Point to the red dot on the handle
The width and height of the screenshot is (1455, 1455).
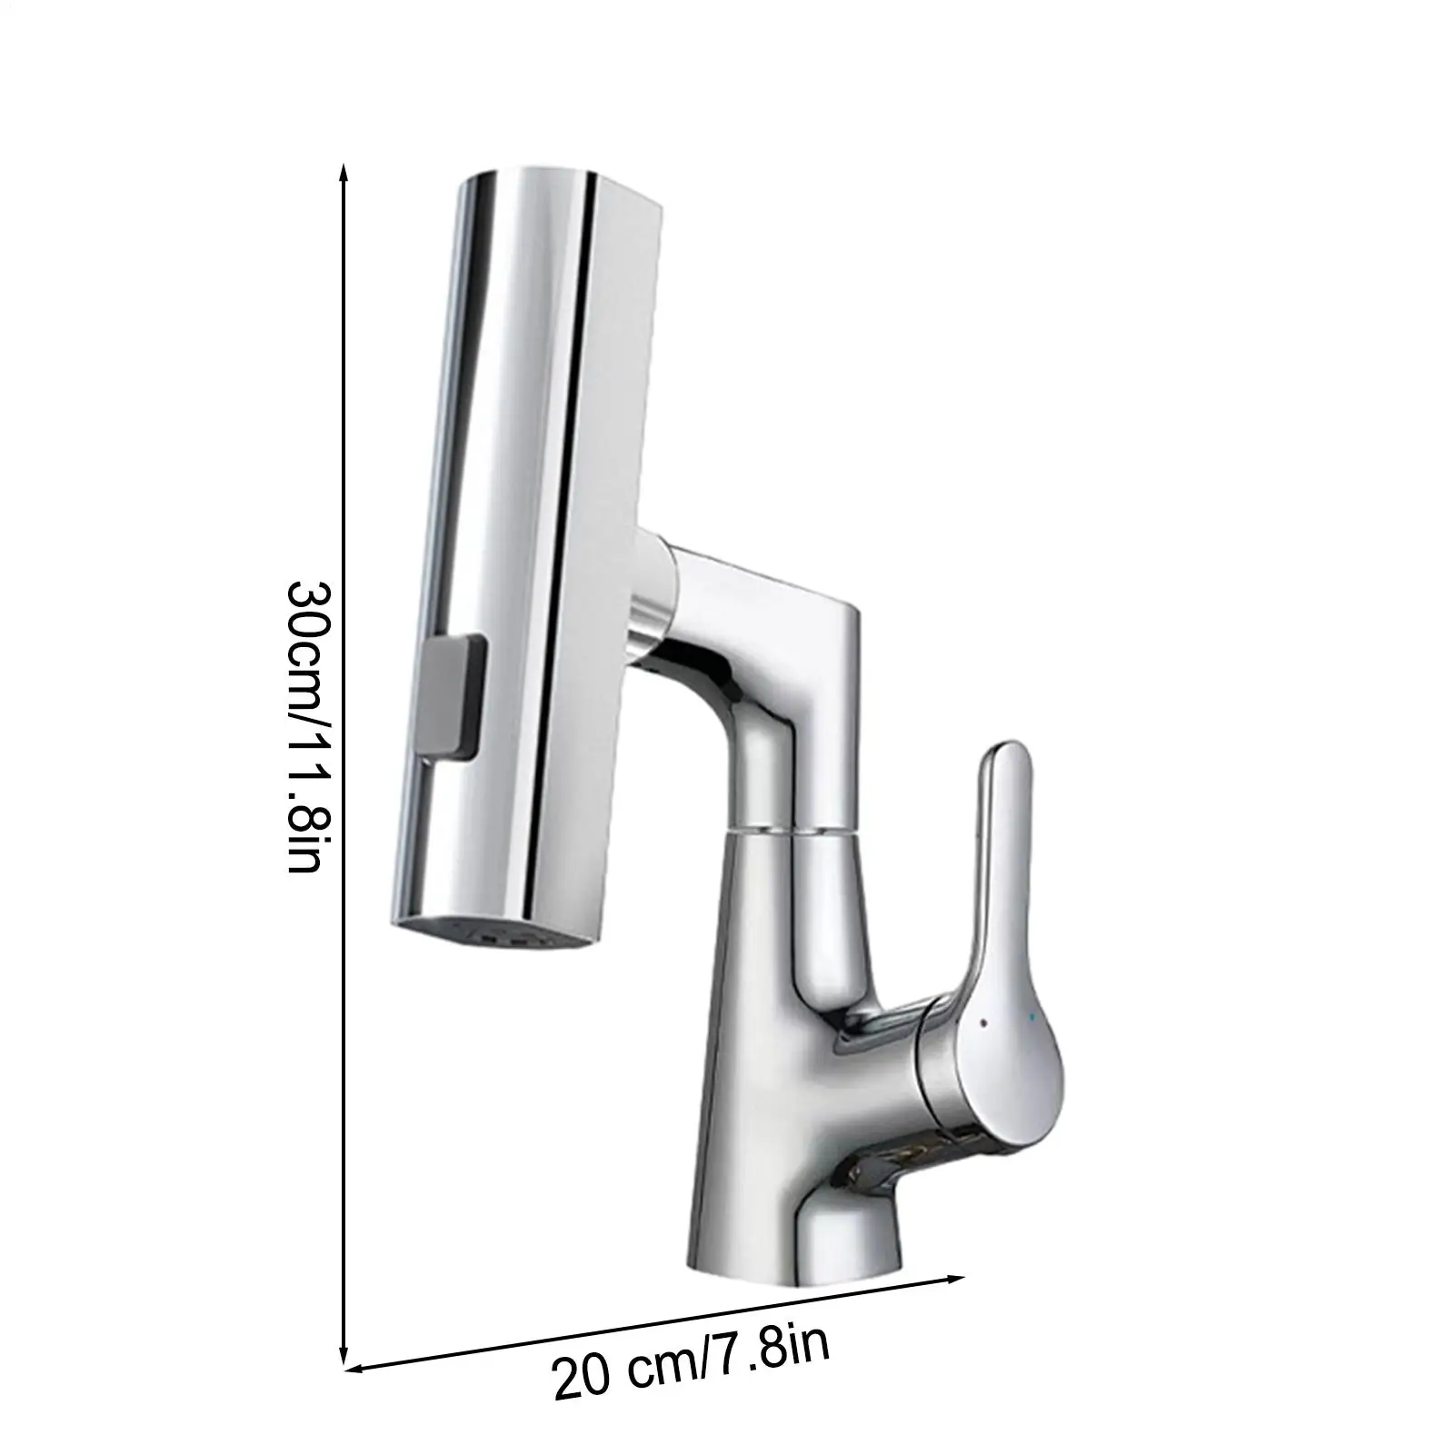[984, 1023]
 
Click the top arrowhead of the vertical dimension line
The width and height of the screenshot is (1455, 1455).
[344, 174]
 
